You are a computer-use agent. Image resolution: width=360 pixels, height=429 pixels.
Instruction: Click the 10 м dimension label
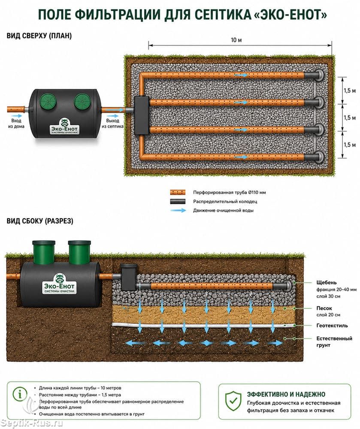tap(236, 40)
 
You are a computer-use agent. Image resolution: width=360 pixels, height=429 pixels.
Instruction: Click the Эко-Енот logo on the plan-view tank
tap(64, 127)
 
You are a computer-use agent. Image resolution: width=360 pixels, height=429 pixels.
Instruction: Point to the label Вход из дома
tap(16, 124)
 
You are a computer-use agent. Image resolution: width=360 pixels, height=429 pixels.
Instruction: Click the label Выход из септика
tap(113, 124)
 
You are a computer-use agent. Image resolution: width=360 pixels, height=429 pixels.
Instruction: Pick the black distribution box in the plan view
tap(142, 115)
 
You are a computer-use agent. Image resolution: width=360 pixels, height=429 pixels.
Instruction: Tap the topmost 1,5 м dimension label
tap(350, 91)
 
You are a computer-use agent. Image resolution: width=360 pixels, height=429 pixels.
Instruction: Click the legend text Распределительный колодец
tap(225, 201)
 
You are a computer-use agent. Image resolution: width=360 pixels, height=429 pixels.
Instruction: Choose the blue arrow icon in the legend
tap(178, 210)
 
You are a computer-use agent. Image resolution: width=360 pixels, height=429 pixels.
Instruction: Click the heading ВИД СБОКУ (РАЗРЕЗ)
tap(40, 221)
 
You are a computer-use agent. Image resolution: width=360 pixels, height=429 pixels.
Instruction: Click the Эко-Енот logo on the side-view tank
tap(59, 284)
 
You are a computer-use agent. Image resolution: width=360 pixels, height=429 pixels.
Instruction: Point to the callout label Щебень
tap(327, 282)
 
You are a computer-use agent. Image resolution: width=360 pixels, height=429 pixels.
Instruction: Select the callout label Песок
tap(324, 308)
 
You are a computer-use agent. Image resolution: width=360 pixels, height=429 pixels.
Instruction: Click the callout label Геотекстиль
tap(332, 325)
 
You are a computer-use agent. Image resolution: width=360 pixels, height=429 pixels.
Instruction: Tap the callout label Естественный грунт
tap(334, 342)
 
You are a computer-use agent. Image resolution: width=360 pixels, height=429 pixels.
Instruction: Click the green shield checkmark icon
tap(233, 401)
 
